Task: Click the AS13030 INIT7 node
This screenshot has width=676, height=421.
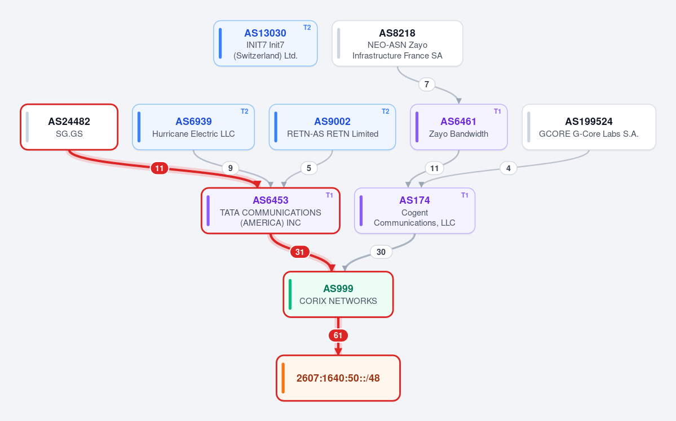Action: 265,43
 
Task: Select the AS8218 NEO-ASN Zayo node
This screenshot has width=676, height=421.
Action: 397,43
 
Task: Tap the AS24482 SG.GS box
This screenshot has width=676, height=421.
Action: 69,127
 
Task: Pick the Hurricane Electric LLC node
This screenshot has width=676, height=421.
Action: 193,127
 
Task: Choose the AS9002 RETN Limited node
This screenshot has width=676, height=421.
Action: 332,127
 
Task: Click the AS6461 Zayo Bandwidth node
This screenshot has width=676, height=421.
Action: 459,127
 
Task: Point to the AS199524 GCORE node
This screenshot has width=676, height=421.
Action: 589,127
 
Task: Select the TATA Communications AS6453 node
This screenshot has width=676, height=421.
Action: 270,211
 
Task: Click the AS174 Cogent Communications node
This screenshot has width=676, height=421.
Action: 415,211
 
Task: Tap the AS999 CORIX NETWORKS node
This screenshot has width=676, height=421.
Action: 338,294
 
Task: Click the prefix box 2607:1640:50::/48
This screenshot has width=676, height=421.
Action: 338,378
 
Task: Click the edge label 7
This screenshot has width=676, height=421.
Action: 427,84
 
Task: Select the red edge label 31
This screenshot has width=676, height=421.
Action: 299,252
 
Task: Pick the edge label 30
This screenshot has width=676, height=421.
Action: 381,252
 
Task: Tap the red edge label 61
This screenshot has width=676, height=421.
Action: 338,335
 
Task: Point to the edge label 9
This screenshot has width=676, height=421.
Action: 230,168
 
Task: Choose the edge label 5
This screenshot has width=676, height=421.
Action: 309,168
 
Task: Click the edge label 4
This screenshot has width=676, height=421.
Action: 509,168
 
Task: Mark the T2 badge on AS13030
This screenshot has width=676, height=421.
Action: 307,28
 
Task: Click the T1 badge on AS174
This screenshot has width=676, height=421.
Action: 465,195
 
